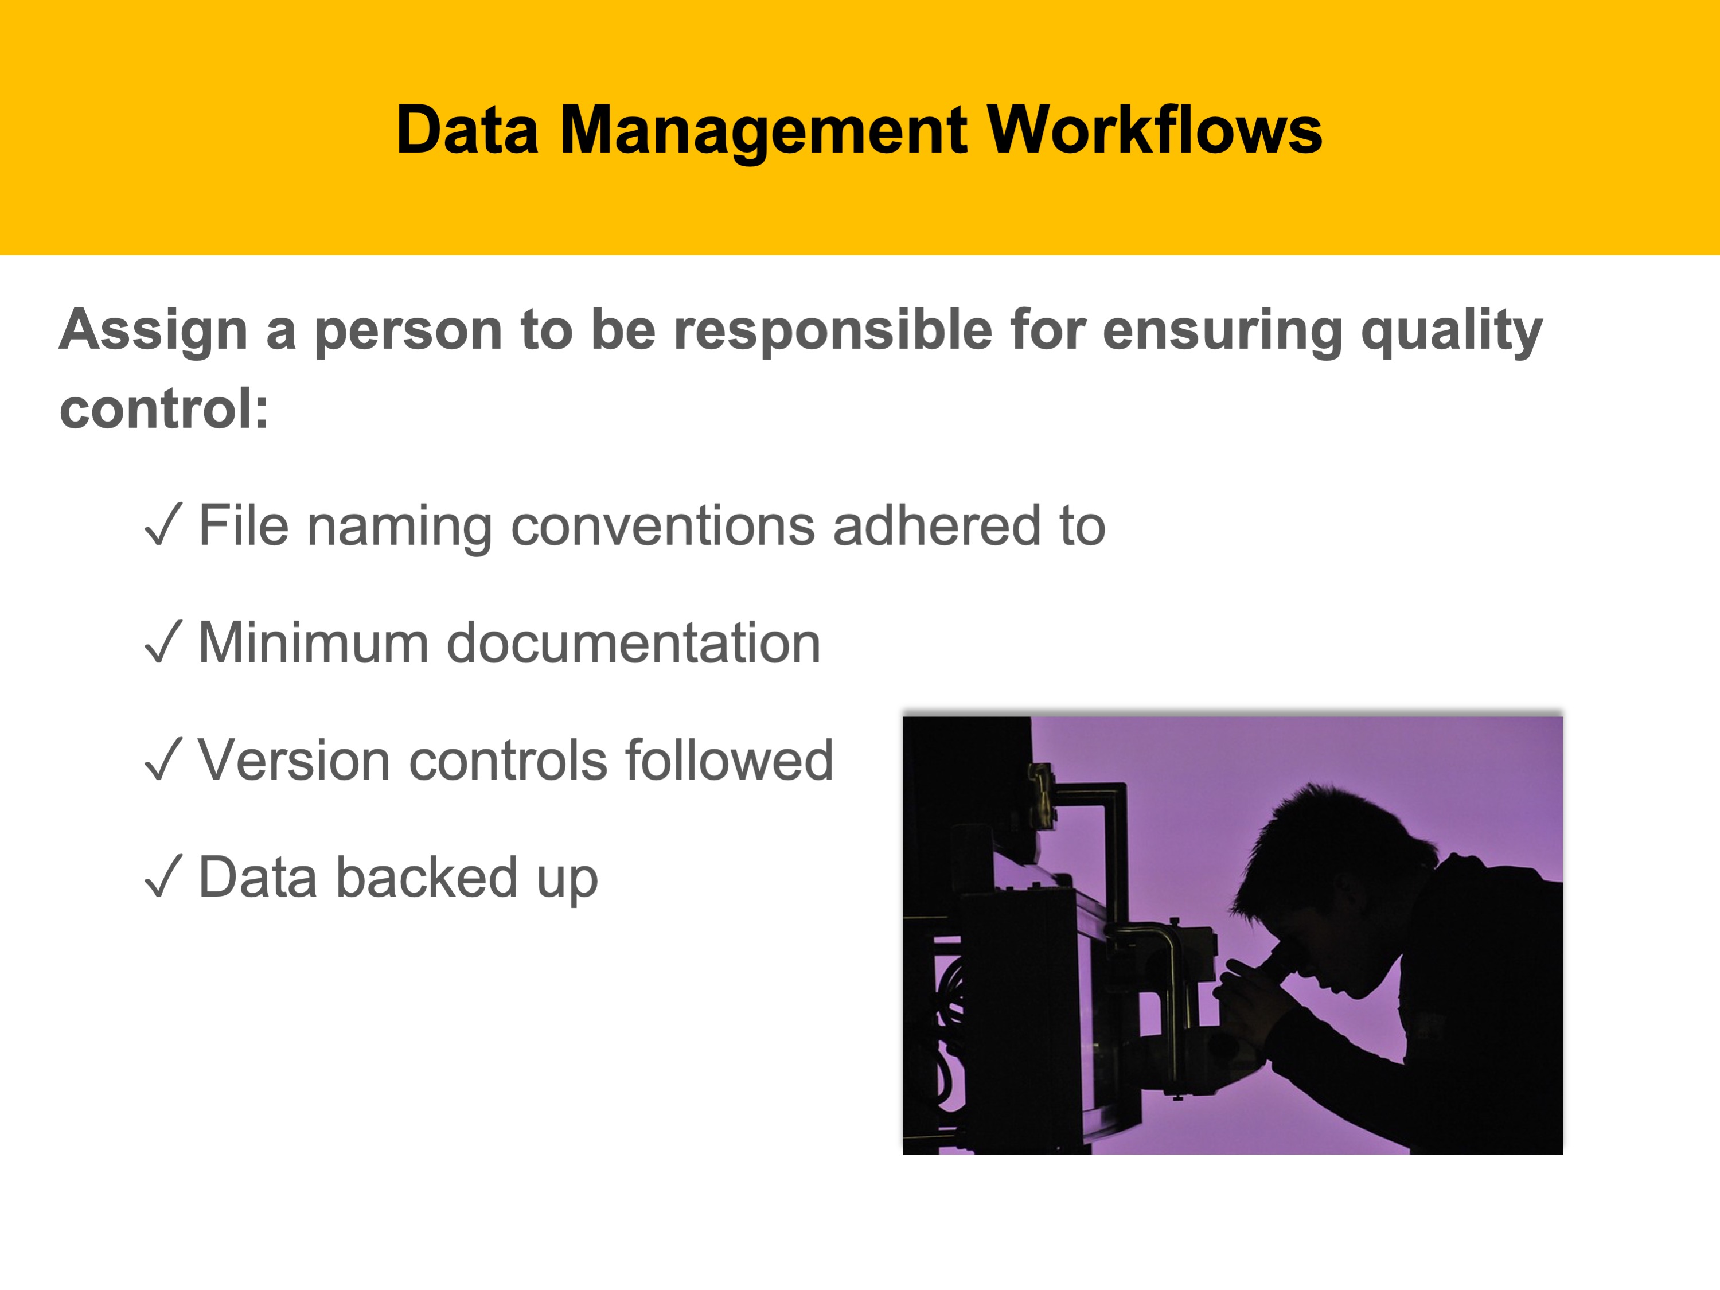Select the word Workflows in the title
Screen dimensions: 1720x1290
coord(1155,129)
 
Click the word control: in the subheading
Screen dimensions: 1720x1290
coord(164,408)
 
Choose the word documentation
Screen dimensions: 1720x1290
coord(634,642)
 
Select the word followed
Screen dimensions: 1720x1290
coord(730,759)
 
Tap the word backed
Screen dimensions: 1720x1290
coord(427,876)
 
